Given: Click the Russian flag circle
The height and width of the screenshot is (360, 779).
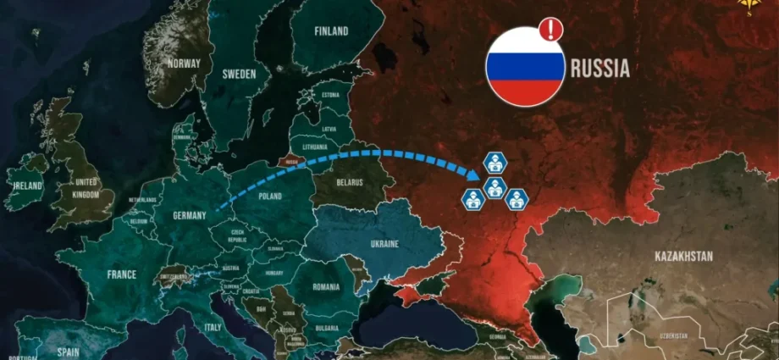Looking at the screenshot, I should point(525,66).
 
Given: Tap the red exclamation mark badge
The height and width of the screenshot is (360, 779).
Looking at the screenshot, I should point(551,30).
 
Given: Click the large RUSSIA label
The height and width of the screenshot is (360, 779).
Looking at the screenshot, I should point(600,69).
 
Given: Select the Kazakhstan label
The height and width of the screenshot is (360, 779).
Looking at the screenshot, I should point(683,256).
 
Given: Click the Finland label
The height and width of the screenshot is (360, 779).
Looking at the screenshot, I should point(331,31).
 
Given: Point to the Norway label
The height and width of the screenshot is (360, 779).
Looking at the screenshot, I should point(184,62).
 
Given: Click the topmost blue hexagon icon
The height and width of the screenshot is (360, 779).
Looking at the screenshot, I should point(494,161).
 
